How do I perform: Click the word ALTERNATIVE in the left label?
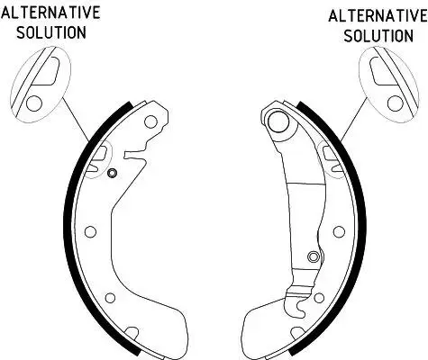(50, 13)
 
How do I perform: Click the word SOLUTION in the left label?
(51, 32)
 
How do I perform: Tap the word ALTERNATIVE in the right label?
(378, 16)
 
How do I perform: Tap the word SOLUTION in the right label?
(378, 36)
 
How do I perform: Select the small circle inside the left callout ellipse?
(34, 103)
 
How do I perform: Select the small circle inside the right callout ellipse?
(396, 103)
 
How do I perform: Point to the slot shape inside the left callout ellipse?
(48, 71)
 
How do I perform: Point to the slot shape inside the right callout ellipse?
(381, 71)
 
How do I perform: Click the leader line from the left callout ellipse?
(76, 120)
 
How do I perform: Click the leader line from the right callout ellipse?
(355, 120)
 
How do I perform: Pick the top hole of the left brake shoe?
(150, 121)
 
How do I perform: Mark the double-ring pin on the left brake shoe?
(112, 173)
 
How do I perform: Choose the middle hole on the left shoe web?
(90, 231)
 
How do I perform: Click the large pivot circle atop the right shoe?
(278, 121)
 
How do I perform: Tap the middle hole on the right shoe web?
(339, 231)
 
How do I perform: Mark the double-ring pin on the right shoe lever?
(314, 256)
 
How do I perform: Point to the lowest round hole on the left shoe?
(111, 298)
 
